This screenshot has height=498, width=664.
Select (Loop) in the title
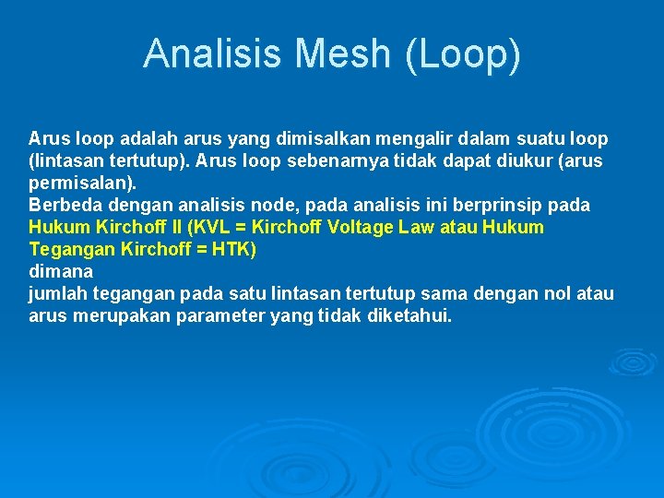point(462,53)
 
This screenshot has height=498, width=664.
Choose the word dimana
point(61,272)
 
